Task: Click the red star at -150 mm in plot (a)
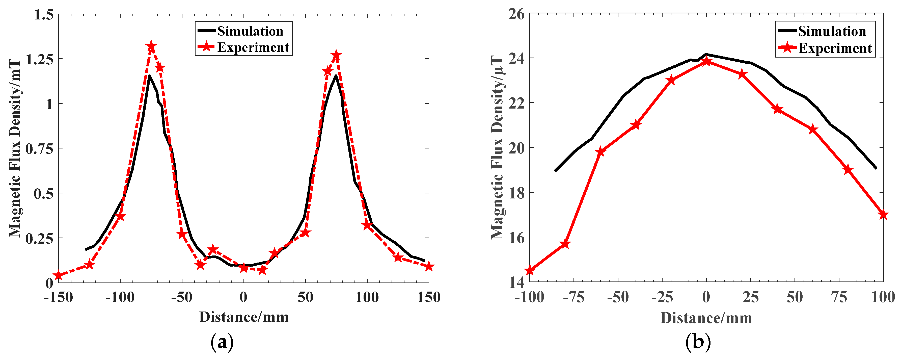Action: (59, 276)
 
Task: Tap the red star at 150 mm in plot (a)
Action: (429, 267)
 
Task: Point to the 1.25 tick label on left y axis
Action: (40, 59)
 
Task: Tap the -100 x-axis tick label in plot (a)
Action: (120, 297)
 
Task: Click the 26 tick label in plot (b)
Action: (516, 14)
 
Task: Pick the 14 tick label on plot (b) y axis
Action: (516, 282)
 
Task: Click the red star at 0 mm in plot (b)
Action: (706, 62)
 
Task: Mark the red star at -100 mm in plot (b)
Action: (529, 271)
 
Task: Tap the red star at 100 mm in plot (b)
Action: (883, 215)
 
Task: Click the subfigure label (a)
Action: (222, 342)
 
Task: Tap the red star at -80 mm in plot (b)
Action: (565, 244)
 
